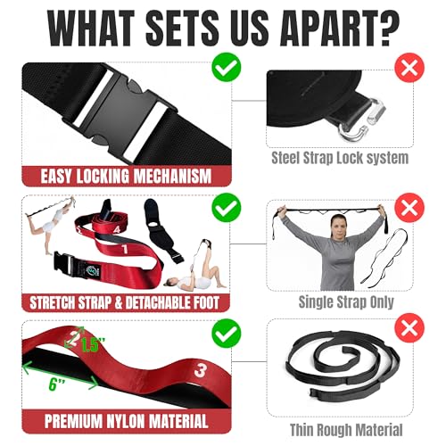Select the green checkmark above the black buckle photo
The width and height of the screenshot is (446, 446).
click(x=227, y=67)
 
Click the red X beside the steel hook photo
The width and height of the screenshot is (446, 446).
click(x=409, y=68)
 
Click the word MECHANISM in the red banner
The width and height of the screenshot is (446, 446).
click(x=172, y=176)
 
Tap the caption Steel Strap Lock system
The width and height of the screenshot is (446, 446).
click(x=340, y=158)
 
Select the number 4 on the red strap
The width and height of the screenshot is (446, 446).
click(x=116, y=228)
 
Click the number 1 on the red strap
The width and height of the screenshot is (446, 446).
click(x=125, y=250)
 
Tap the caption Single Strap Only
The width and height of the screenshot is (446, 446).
click(x=346, y=302)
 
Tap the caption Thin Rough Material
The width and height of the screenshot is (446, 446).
click(x=346, y=430)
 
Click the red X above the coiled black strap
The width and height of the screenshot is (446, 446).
click(x=409, y=328)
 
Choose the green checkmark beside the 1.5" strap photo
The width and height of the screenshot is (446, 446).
click(x=227, y=334)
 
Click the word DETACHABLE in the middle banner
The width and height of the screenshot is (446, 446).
click(x=159, y=302)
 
